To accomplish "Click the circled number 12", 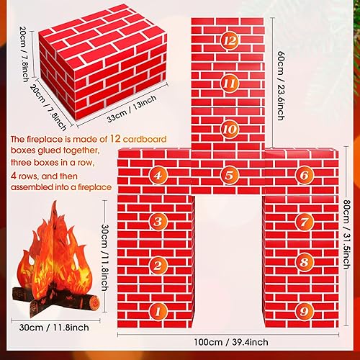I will coord(230,40).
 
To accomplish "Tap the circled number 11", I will coord(230,84).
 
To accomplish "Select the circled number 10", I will coord(230,130).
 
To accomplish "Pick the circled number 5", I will coord(230,174).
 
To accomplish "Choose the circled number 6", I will coord(304,174).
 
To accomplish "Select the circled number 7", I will coord(304,221).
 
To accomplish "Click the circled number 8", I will coord(304,264).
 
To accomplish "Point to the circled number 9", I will coord(304,312).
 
